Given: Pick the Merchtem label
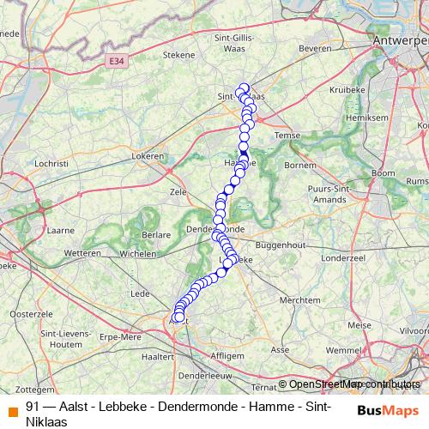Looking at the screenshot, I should click(x=299, y=300).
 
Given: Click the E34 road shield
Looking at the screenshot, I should click(x=117, y=61).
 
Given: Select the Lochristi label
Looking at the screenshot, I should click(x=52, y=162).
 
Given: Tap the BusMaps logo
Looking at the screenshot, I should click(x=389, y=410).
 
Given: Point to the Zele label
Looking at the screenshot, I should click(x=178, y=192).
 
